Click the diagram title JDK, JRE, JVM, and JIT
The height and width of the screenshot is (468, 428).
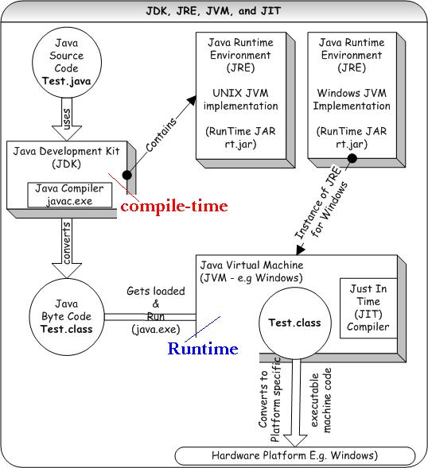click(213, 10)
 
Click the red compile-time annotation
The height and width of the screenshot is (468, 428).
click(173, 207)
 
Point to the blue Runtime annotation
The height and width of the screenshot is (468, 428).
click(202, 349)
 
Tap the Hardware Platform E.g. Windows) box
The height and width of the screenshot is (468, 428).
click(295, 455)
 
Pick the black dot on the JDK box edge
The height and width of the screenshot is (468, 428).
click(126, 174)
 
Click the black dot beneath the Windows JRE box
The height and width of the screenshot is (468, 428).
click(351, 159)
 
